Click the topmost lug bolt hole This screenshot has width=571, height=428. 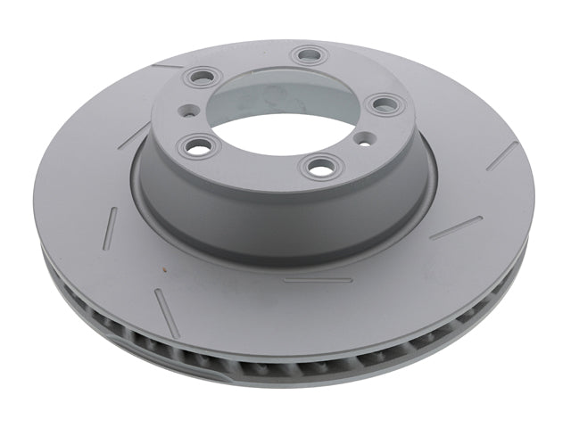tap(310, 55)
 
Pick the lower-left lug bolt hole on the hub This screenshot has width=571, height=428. tap(195, 143)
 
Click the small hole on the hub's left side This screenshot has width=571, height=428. tap(186, 112)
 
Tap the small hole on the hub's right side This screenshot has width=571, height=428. tap(365, 139)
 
